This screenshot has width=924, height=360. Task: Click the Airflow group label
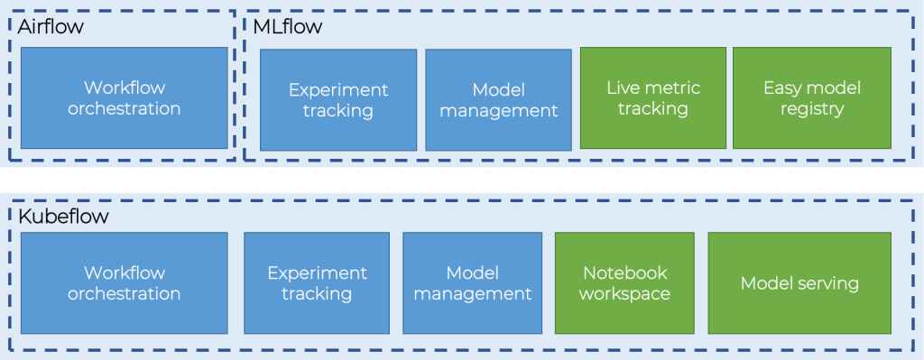[x=51, y=27]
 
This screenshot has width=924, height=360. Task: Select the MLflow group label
[x=287, y=27]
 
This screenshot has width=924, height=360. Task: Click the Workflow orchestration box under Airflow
[x=124, y=98]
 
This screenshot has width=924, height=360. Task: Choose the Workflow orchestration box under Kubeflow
[x=124, y=282]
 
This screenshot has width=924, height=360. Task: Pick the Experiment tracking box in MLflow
[x=338, y=100]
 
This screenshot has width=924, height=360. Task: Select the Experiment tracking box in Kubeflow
[x=317, y=282]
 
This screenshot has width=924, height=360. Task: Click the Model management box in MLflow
[x=498, y=100]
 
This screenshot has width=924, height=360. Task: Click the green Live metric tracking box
[x=652, y=98]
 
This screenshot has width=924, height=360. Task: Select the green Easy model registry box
[x=811, y=98]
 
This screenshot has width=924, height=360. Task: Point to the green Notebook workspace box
[x=624, y=282]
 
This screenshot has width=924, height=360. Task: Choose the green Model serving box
[x=799, y=283]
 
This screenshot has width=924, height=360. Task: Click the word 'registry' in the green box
[x=812, y=109]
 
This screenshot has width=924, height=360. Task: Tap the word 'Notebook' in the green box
[x=624, y=272]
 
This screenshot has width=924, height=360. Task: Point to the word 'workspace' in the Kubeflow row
[x=624, y=294]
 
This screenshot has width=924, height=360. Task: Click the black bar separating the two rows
[x=462, y=179]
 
